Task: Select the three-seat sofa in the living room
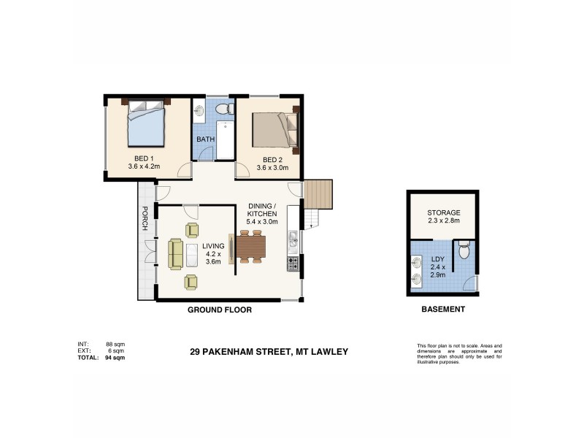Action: click(175, 254)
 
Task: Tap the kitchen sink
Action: click(293, 239)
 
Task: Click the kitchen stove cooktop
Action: click(293, 264)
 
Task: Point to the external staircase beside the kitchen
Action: click(318, 194)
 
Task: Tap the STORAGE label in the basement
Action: click(444, 212)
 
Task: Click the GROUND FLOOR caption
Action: click(220, 310)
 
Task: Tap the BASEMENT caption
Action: click(443, 310)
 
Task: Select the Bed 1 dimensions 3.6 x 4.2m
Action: click(143, 167)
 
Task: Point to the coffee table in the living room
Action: click(191, 255)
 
